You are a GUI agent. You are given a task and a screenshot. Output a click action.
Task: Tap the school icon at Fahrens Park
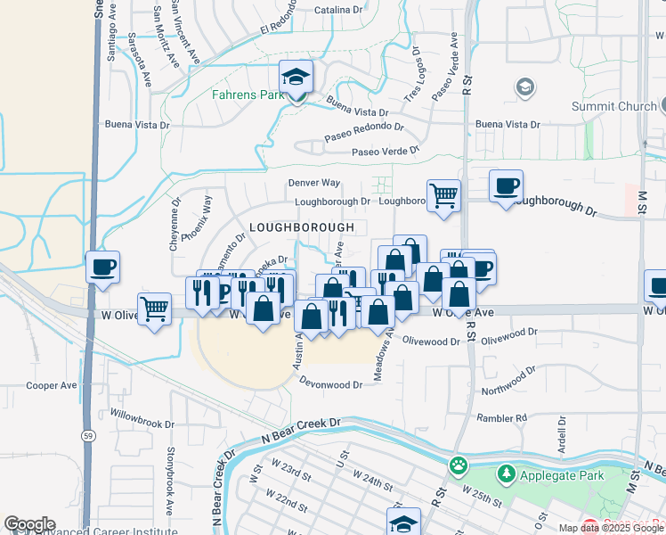click(296, 77)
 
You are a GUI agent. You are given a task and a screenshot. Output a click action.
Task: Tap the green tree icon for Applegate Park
click(507, 473)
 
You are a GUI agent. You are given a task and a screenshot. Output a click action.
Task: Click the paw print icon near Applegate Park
click(459, 465)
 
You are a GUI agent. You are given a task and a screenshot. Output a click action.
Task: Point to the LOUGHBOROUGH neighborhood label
click(302, 227)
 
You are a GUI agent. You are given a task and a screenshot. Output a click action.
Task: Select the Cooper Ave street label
click(52, 386)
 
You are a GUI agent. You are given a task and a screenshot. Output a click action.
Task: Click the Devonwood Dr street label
click(332, 385)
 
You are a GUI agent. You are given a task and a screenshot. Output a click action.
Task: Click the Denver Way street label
click(313, 183)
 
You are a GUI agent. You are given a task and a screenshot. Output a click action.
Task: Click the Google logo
click(29, 524)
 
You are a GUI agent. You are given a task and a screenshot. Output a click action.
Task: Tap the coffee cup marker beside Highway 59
click(102, 267)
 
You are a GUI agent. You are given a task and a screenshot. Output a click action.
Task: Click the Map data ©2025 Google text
click(610, 528)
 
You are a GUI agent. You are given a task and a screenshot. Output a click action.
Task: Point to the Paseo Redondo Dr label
click(359, 134)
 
